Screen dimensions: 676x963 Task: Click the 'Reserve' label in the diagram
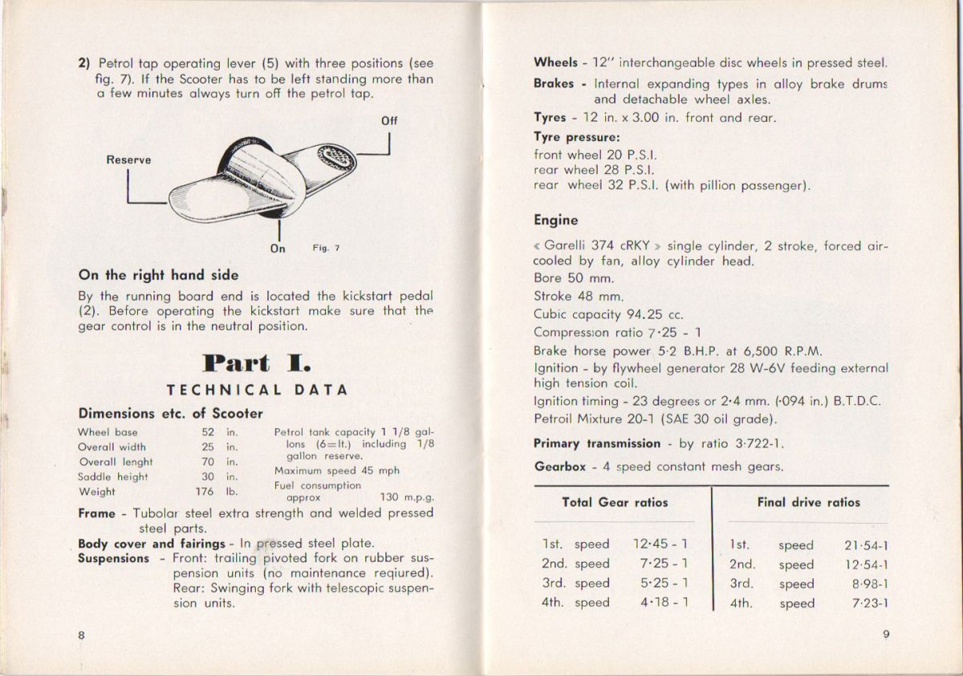pyautogui.click(x=128, y=160)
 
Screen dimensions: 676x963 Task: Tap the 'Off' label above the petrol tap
pyautogui.click(x=389, y=121)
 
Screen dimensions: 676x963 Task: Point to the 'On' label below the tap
pyautogui.click(x=278, y=249)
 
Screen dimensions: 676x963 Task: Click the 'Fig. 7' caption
pyautogui.click(x=326, y=249)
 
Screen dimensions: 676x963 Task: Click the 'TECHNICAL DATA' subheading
pyautogui.click(x=257, y=391)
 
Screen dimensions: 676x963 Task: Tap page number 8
pyautogui.click(x=82, y=634)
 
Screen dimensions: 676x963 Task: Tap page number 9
pyautogui.click(x=885, y=634)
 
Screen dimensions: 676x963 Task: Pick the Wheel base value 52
pyautogui.click(x=208, y=431)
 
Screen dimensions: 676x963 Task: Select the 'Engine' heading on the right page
pyautogui.click(x=555, y=220)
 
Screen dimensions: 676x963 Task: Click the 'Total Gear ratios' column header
pyautogui.click(x=615, y=503)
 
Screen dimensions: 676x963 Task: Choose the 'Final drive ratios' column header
pyautogui.click(x=808, y=503)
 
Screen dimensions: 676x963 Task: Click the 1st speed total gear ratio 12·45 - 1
pyautogui.click(x=660, y=544)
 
